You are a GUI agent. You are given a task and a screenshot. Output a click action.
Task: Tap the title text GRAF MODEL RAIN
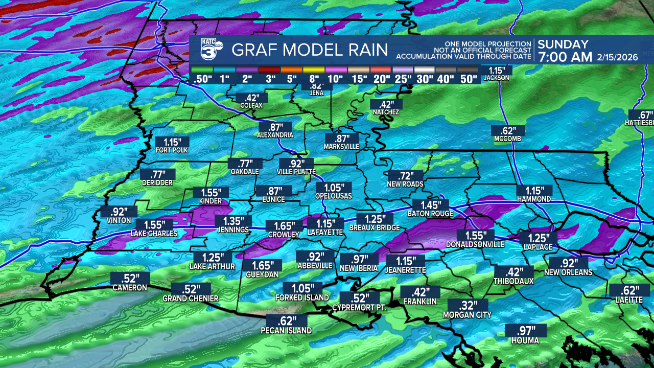coord(310,50)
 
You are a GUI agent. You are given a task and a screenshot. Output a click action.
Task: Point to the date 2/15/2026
coord(617,57)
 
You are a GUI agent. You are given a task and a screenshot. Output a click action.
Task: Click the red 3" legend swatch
coord(269,70)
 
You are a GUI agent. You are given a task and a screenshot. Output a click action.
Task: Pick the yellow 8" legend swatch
coord(313,70)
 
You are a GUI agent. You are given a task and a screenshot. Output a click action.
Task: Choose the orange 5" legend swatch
coord(291,70)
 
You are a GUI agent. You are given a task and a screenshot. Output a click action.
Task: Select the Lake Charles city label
coord(154,234)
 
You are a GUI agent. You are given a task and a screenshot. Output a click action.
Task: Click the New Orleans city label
coord(569,272)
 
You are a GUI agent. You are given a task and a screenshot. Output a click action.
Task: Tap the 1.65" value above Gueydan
coord(262,266)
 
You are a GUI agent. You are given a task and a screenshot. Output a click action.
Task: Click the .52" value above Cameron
coord(130,279)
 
